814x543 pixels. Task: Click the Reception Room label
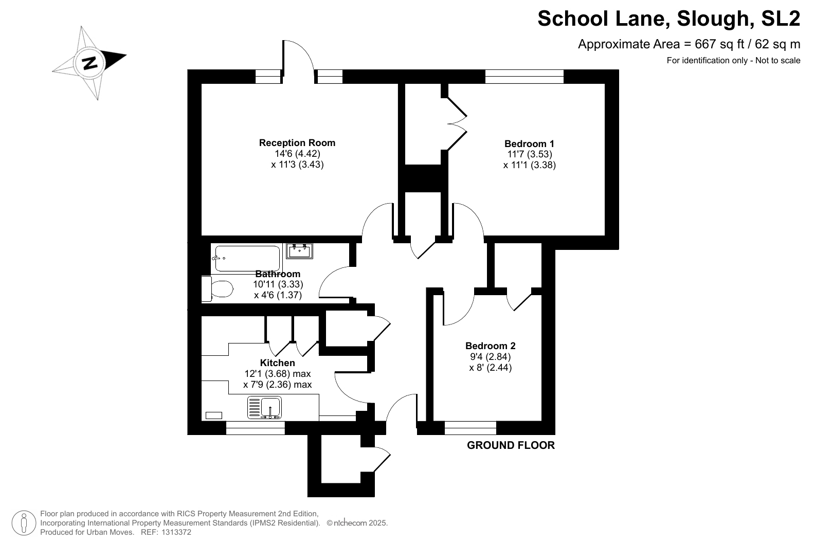[x=297, y=143]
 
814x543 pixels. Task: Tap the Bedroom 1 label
[x=529, y=143]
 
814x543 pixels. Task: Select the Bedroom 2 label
[x=490, y=346]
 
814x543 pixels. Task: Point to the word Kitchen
[x=277, y=363]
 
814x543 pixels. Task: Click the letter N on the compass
[x=90, y=63]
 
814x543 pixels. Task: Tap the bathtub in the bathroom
[x=247, y=259]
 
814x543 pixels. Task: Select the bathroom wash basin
[x=299, y=251]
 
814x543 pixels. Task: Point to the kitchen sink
[x=264, y=407]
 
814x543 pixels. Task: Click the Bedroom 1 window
[x=524, y=77]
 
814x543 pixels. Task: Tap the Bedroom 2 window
[x=470, y=428]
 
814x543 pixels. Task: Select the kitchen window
[x=256, y=428]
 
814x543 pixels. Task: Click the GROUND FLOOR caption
[x=511, y=445]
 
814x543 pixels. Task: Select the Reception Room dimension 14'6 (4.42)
[x=297, y=154]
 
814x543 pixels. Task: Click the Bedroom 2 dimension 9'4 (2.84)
[x=490, y=356]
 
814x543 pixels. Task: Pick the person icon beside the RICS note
[x=24, y=523]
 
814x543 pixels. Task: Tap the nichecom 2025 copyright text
[x=357, y=523]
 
